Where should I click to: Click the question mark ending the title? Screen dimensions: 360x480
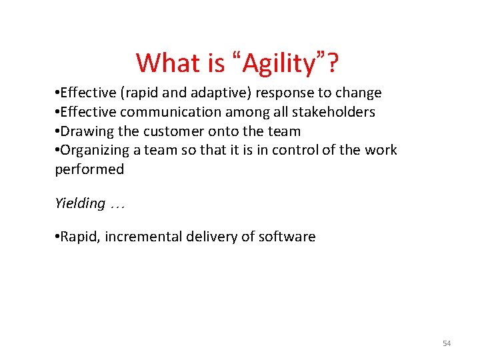pyautogui.click(x=331, y=63)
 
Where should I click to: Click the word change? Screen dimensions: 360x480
pyautogui.click(x=358, y=93)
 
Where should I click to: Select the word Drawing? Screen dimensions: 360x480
pyautogui.click(x=86, y=131)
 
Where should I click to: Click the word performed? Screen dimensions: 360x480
pyautogui.click(x=89, y=169)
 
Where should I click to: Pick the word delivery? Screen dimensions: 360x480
pyautogui.click(x=211, y=237)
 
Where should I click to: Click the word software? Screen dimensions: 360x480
pyautogui.click(x=287, y=237)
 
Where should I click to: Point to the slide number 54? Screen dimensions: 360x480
pyautogui.click(x=447, y=343)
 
